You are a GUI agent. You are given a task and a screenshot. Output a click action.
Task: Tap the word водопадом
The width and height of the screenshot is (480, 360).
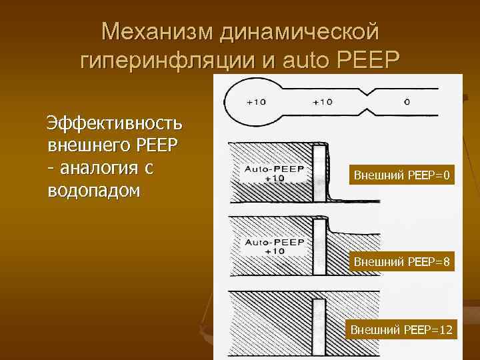[94, 190]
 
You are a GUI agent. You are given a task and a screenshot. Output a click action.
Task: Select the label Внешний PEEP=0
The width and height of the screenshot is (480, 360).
[401, 176]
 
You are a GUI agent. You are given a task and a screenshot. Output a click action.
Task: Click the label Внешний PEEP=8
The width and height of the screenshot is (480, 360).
[401, 263]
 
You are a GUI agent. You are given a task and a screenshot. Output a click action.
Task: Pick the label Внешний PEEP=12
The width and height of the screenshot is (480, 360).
[401, 329]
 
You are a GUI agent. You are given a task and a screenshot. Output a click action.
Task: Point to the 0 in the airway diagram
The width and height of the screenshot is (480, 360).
[407, 103]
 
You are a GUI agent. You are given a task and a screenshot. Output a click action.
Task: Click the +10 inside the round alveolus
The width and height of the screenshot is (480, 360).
[256, 103]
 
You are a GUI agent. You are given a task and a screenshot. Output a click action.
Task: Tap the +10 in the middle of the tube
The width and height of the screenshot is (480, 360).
[323, 103]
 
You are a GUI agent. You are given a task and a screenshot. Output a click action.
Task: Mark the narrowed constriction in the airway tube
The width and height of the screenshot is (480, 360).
[365, 101]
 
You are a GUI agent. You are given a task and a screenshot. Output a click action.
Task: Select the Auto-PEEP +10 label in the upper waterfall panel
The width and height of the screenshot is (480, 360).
[274, 173]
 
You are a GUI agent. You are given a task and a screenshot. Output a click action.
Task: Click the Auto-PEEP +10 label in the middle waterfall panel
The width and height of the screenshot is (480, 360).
[274, 245]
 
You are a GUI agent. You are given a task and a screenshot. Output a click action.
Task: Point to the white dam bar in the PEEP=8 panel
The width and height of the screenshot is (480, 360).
[320, 247]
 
